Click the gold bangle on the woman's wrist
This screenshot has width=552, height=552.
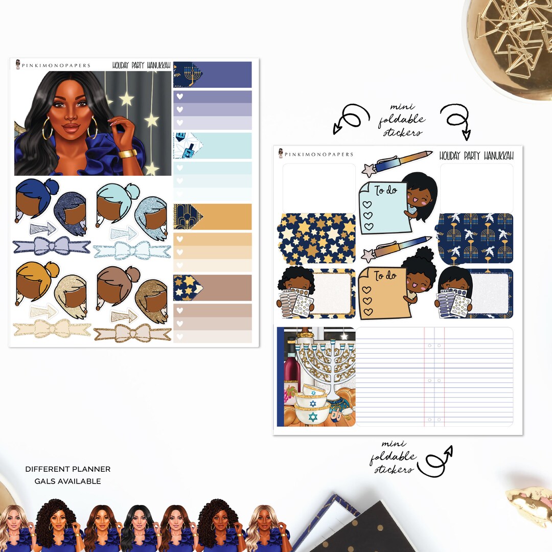click(x=128, y=153)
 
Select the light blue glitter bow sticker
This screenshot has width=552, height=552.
click(x=132, y=250)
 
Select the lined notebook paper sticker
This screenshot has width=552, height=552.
click(x=434, y=377)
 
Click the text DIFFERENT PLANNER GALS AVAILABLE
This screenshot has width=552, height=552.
click(x=67, y=475)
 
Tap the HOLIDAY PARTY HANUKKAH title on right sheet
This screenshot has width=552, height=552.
click(x=476, y=155)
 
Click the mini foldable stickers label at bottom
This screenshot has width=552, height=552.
click(x=393, y=457)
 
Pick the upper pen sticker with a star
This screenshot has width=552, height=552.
click(x=399, y=161)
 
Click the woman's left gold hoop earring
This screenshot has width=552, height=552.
click(x=48, y=131)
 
